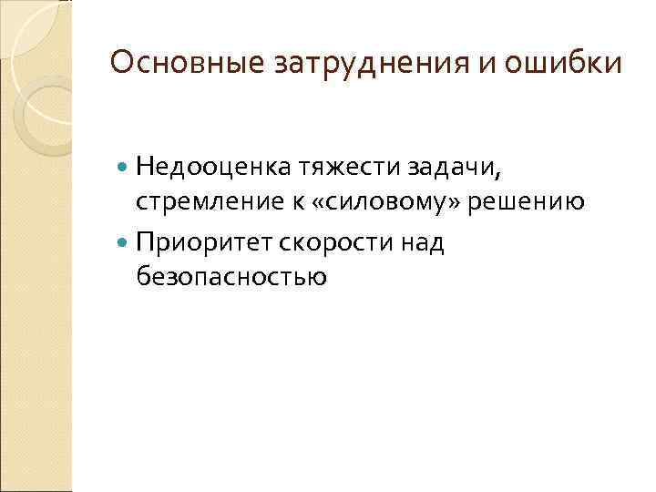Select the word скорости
331,243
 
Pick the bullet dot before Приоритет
124,243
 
